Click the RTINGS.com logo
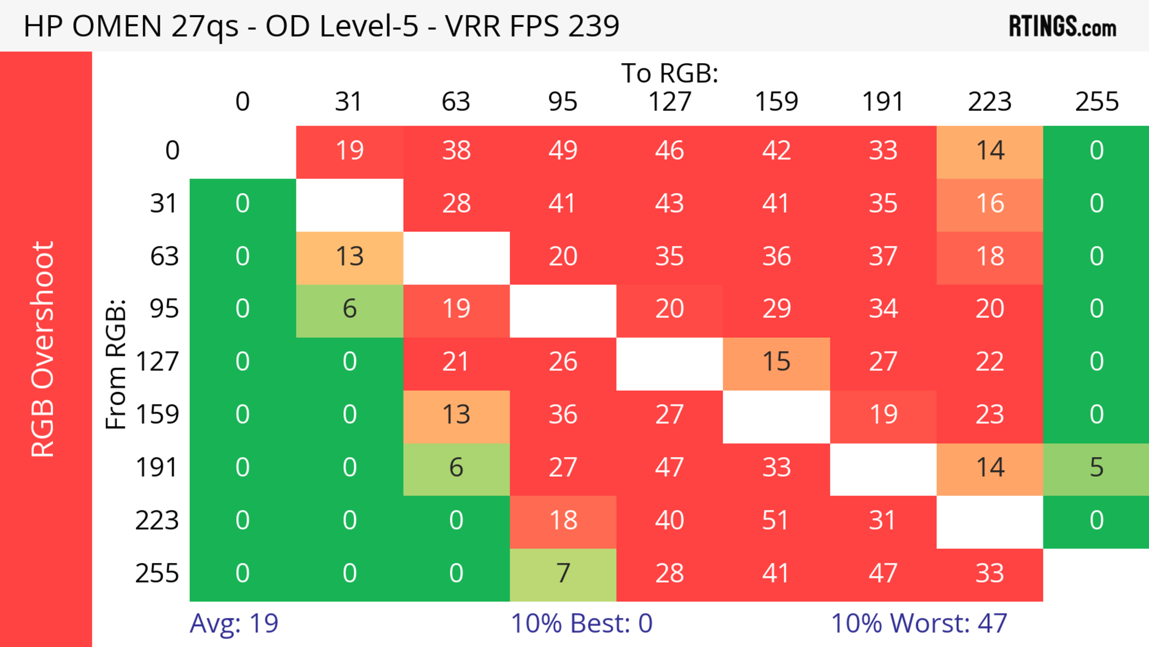pyautogui.click(x=1063, y=26)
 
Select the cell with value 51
pyautogui.click(x=776, y=521)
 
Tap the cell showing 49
pyautogui.click(x=563, y=150)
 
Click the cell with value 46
pyautogui.click(x=670, y=150)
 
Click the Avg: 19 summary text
pyautogui.click(x=234, y=623)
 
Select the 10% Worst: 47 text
pyautogui.click(x=919, y=623)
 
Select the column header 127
pyautogui.click(x=670, y=102)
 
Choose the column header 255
pyautogui.click(x=1096, y=102)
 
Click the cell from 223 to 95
pyautogui.click(x=563, y=521)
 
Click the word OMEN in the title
pyautogui.click(x=117, y=26)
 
